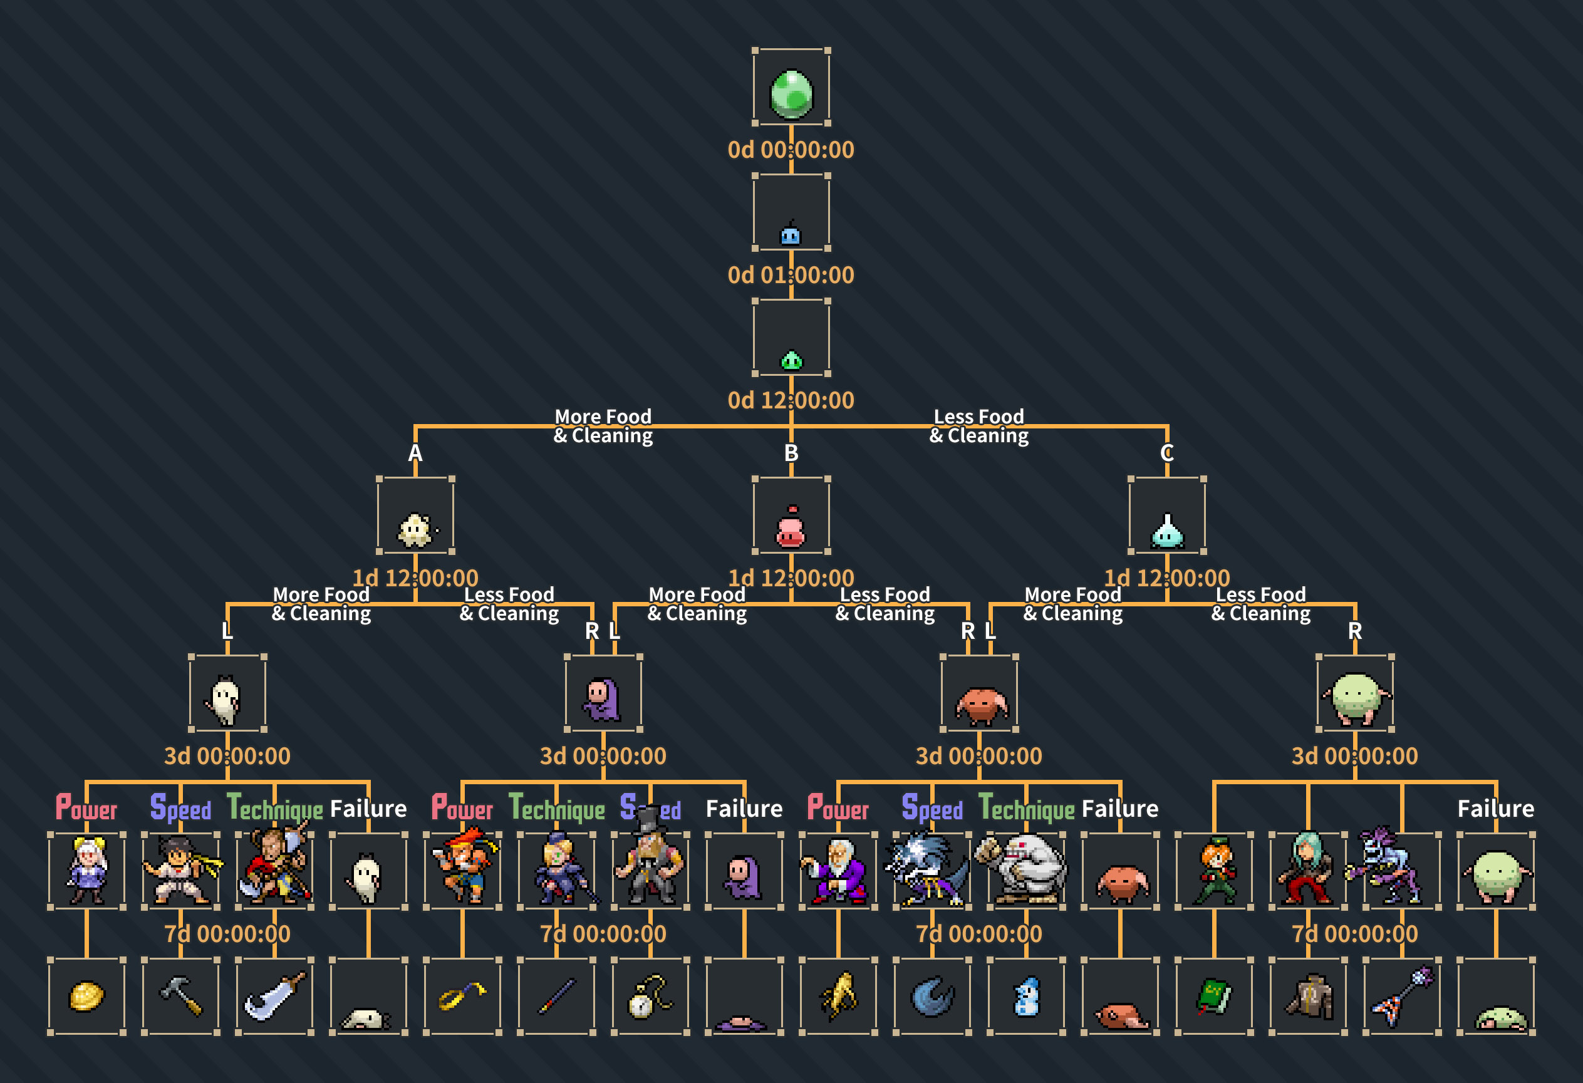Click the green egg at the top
(791, 93)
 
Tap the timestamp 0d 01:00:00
(791, 275)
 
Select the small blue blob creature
(790, 234)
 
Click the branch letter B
(791, 453)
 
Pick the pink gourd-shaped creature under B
(791, 527)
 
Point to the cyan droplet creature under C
(1167, 531)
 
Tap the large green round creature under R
(1356, 698)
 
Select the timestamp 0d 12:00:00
(791, 400)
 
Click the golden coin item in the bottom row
(86, 997)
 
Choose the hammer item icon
(181, 996)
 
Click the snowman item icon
(1027, 997)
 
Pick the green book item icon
(1214, 997)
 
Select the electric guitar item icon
(1402, 996)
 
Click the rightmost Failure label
(1496, 809)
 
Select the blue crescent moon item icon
(932, 997)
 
